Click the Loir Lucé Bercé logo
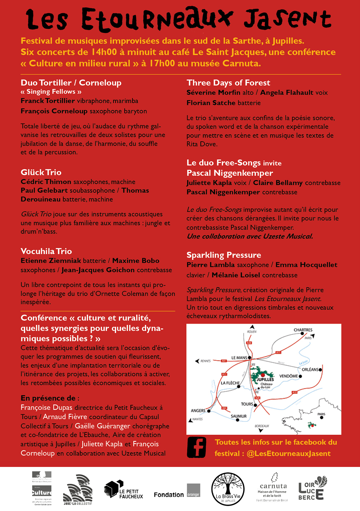(x=314, y=488)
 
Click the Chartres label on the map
(x=303, y=330)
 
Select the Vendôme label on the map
(x=288, y=376)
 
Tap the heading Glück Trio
(x=41, y=173)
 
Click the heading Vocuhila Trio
(x=46, y=251)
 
